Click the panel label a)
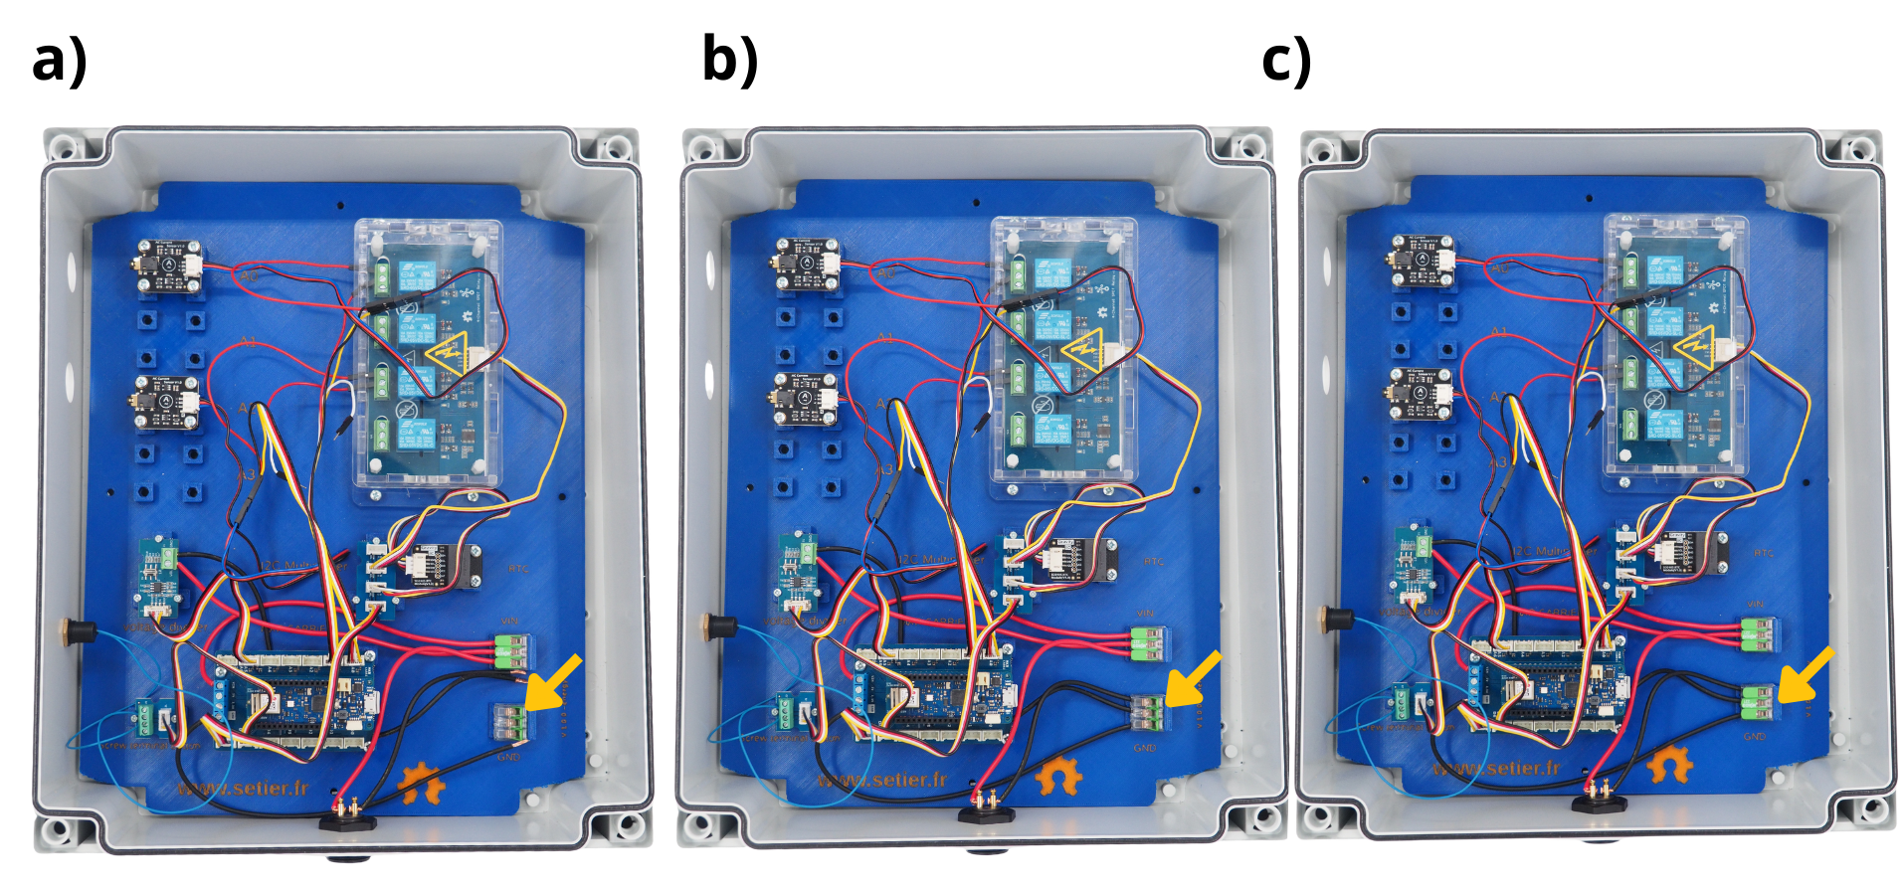click(x=60, y=62)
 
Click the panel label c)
click(x=1286, y=62)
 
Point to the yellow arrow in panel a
click(x=552, y=683)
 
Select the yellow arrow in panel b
click(x=1193, y=678)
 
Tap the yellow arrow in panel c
click(x=1806, y=674)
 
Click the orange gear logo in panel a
click(x=422, y=783)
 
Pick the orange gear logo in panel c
click(x=1669, y=765)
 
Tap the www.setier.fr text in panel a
click(x=243, y=789)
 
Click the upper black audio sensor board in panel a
click(x=168, y=266)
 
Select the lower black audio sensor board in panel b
click(x=805, y=400)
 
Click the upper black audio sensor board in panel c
click(x=1421, y=261)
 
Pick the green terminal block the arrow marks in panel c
click(x=1759, y=700)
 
